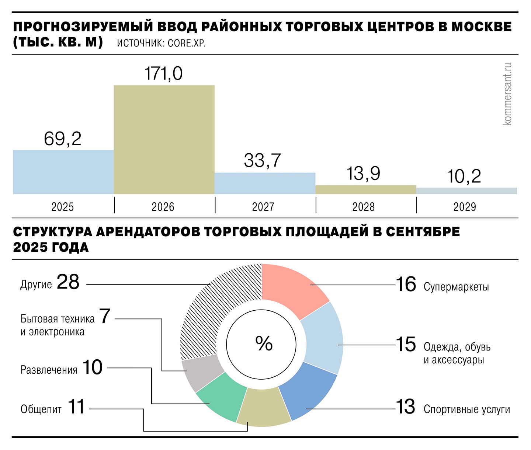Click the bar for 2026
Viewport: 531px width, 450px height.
point(164,140)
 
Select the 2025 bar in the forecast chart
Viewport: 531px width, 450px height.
point(63,172)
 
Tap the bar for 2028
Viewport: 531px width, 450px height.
point(365,190)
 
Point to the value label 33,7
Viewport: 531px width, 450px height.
point(262,160)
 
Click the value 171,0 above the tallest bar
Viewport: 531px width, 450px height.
point(163,73)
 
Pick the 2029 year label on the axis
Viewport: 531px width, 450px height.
point(464,207)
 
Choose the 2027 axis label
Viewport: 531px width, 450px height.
point(263,207)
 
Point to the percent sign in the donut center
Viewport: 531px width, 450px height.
point(264,343)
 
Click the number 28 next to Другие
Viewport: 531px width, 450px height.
point(68,282)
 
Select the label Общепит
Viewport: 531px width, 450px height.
point(41,409)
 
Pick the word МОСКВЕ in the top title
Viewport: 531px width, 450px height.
point(482,27)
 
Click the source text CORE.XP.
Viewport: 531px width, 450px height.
point(187,43)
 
